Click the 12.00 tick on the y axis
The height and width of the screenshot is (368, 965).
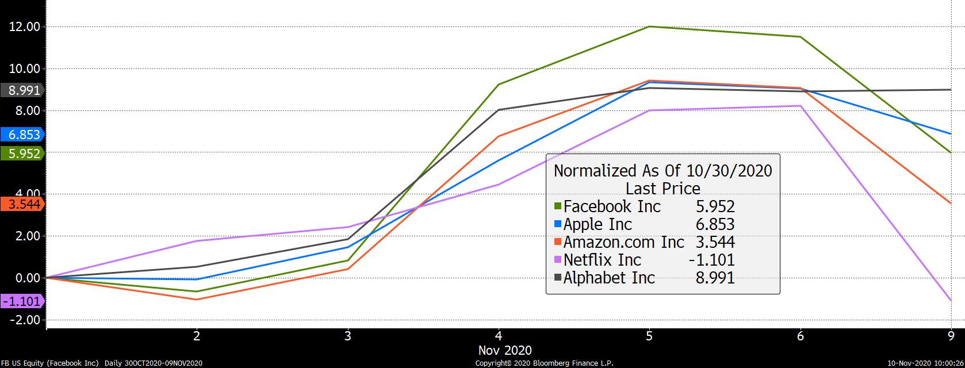point(24,27)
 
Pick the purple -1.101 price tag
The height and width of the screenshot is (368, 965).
point(22,301)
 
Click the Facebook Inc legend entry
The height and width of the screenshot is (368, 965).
point(612,206)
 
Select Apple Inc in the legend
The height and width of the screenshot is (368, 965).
point(598,224)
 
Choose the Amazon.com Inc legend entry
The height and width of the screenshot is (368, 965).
point(623,242)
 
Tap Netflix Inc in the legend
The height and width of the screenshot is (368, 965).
point(602,260)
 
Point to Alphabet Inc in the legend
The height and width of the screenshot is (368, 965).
point(609,278)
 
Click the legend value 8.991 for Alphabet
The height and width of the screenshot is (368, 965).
point(715,278)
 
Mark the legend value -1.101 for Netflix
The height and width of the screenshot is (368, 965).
point(711,260)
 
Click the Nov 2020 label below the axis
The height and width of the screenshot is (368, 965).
point(505,350)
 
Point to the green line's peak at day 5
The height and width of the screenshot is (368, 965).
point(649,26)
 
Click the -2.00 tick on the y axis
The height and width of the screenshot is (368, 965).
point(24,320)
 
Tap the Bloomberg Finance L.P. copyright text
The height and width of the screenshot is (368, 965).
point(544,363)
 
